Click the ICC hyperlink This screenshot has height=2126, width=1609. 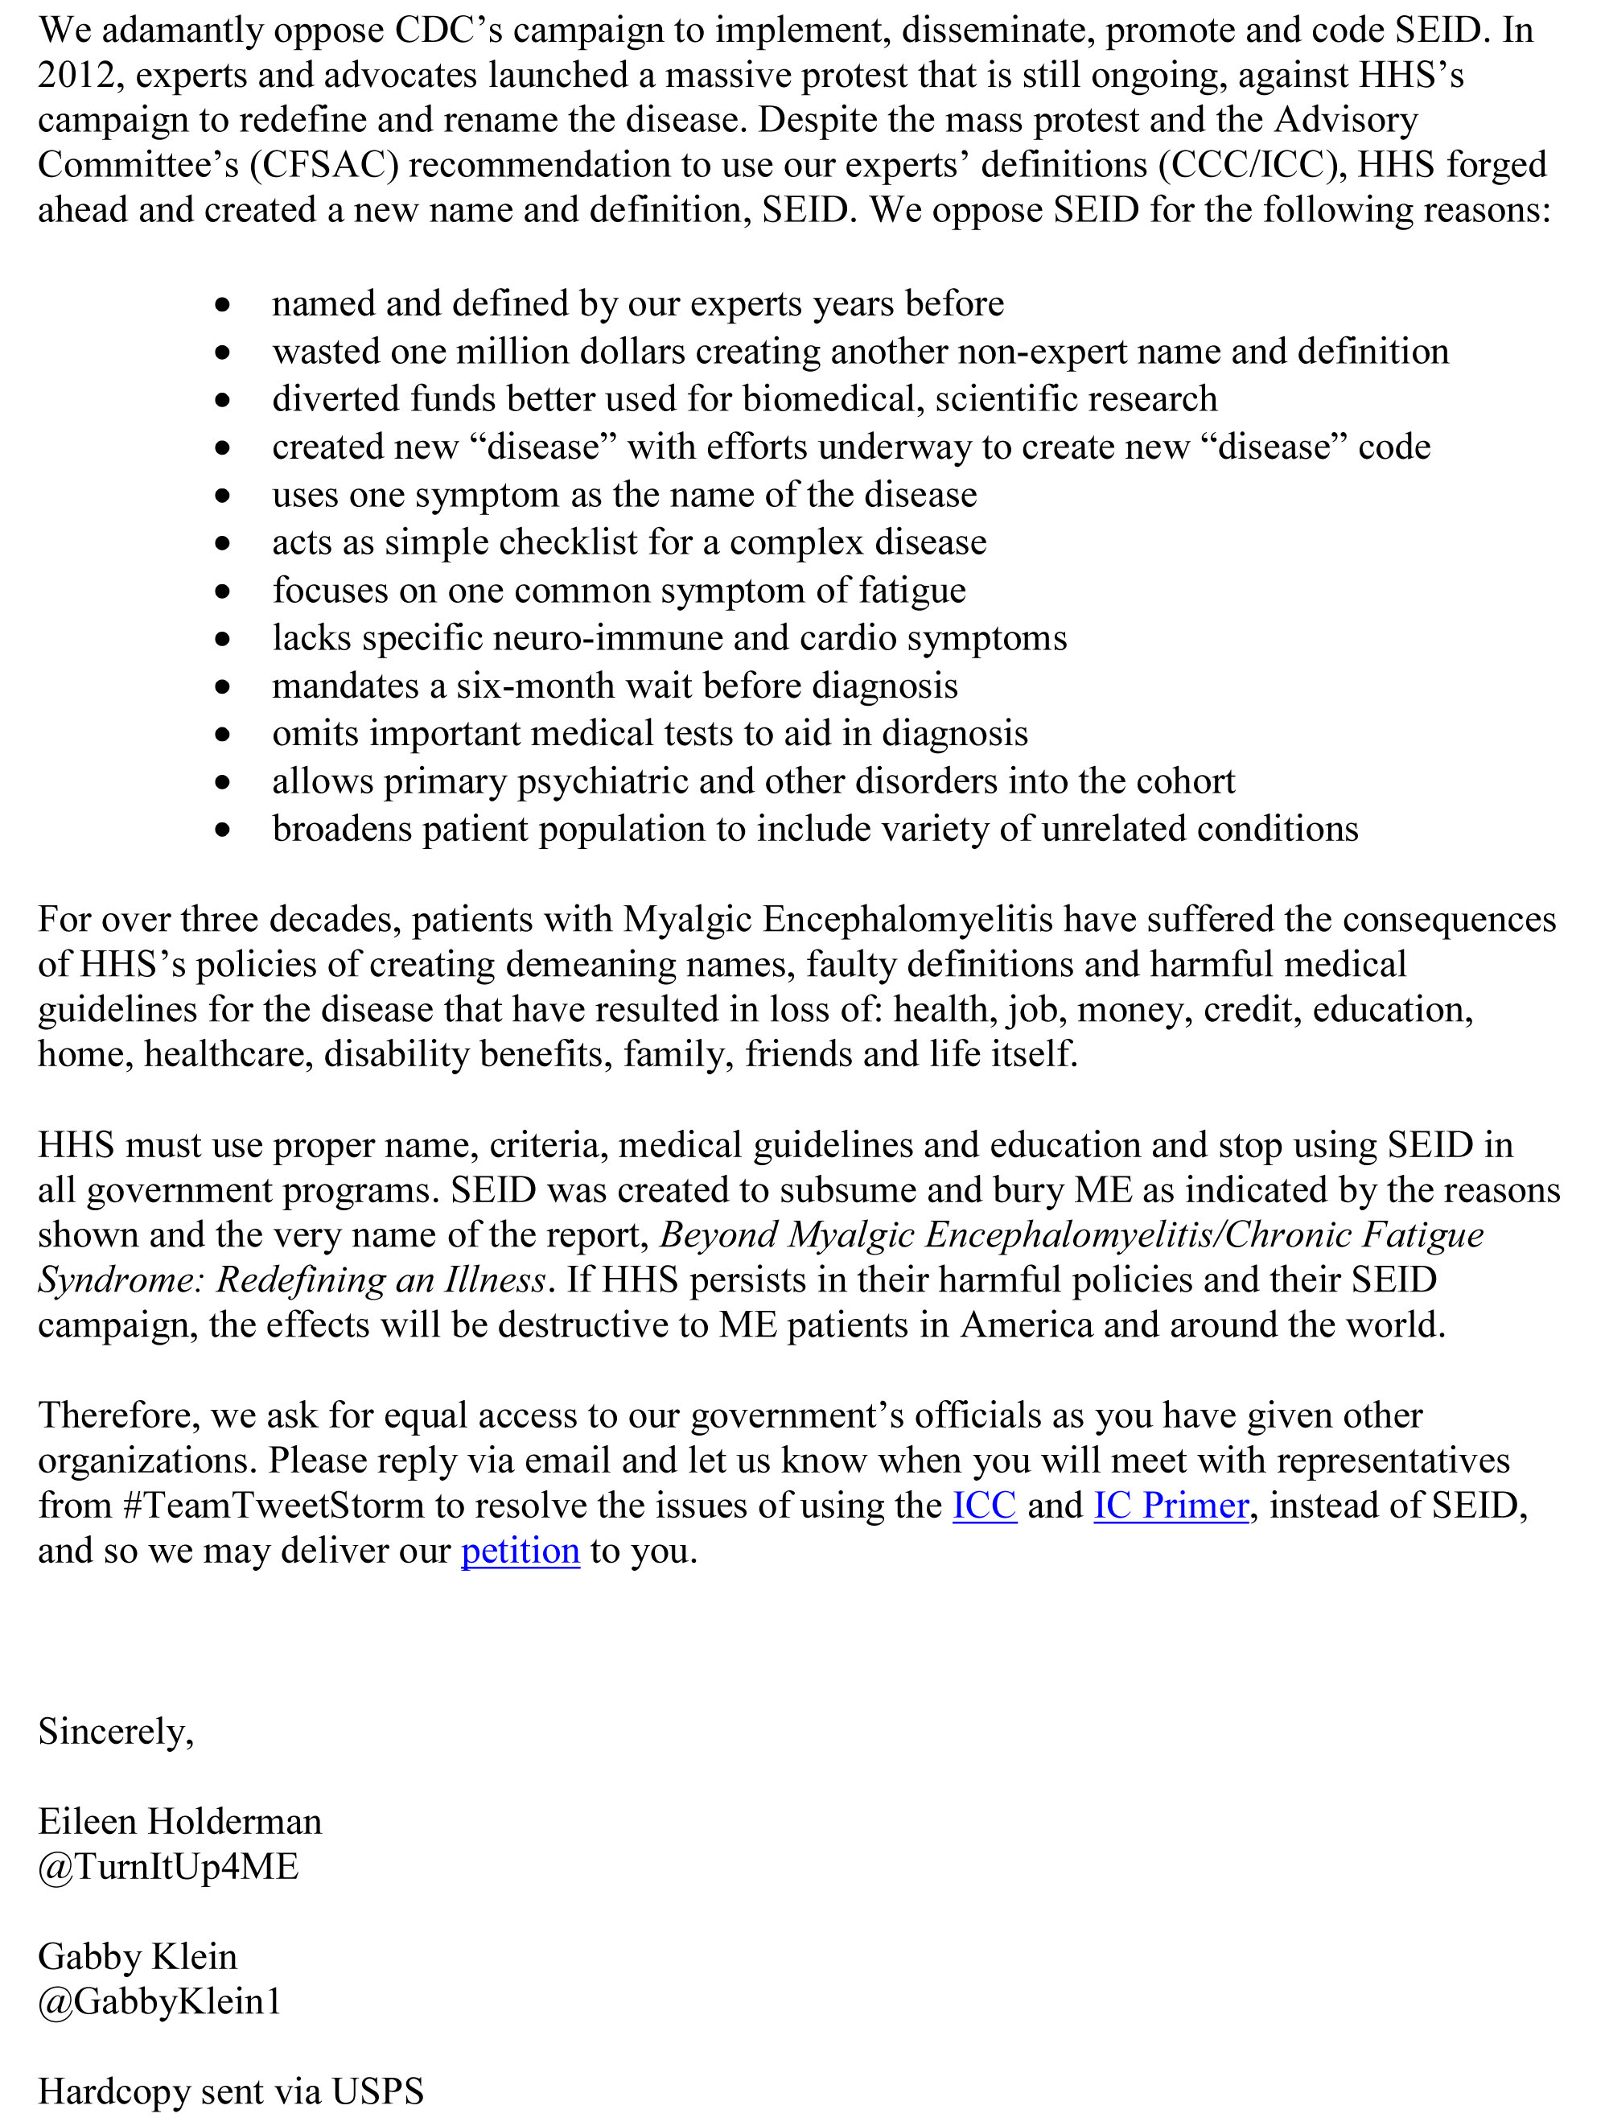tap(983, 1505)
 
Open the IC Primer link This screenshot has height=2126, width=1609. tap(1171, 1505)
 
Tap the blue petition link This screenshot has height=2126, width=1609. tap(520, 1551)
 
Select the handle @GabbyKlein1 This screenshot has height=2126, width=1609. tap(159, 2000)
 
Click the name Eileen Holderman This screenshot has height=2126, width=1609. tap(179, 1820)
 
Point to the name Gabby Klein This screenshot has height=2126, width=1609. tap(138, 1956)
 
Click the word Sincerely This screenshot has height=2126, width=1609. tap(115, 1731)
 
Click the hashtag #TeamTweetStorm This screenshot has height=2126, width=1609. tap(274, 1505)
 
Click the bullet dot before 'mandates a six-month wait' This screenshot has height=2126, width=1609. tap(223, 687)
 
